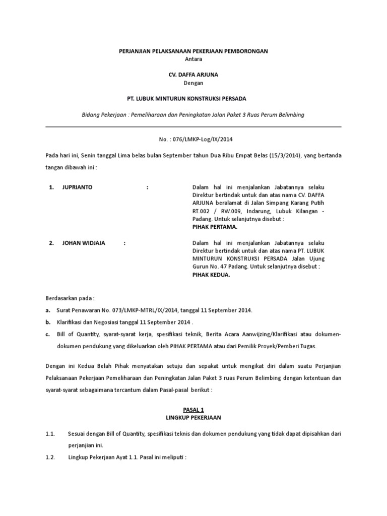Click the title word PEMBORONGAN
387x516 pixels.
tap(245, 51)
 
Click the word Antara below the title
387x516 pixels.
tap(193, 59)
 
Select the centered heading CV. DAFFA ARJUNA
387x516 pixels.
tap(193, 75)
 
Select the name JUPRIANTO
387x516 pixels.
tap(78, 187)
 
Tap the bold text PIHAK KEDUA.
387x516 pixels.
tap(211, 275)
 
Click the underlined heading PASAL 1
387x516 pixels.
tap(193, 411)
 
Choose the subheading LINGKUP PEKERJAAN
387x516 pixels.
tap(193, 418)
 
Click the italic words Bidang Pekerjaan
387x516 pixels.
tap(104, 115)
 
